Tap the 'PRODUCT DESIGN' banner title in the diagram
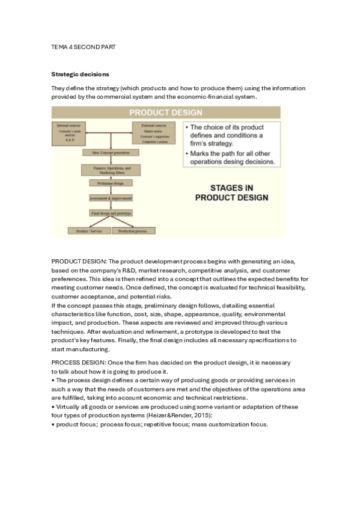pos(166,112)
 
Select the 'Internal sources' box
pos(70,131)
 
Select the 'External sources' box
pos(151,131)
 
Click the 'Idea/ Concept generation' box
pos(111,153)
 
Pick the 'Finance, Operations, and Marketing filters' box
pos(111,170)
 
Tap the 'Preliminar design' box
pos(111,183)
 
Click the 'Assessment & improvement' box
pos(111,198)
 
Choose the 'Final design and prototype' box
pos(111,213)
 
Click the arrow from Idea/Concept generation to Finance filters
pos(111,160)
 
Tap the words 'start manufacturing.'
pos(81,349)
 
